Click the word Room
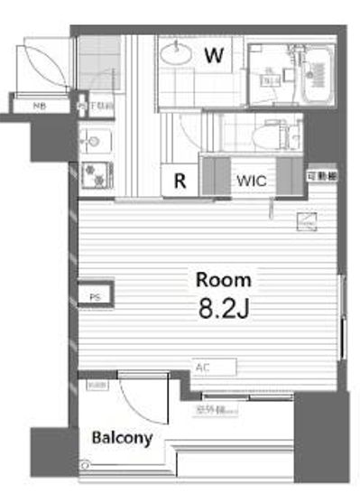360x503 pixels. point(224,279)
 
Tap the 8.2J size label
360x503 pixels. point(224,308)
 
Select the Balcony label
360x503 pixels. point(121,438)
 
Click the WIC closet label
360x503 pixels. point(251,181)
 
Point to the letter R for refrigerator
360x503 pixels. point(180,181)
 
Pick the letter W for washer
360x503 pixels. point(213,55)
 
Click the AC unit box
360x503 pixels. point(214,367)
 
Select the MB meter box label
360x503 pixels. point(39,107)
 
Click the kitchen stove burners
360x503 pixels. point(94,171)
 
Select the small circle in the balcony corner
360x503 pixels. point(87,465)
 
